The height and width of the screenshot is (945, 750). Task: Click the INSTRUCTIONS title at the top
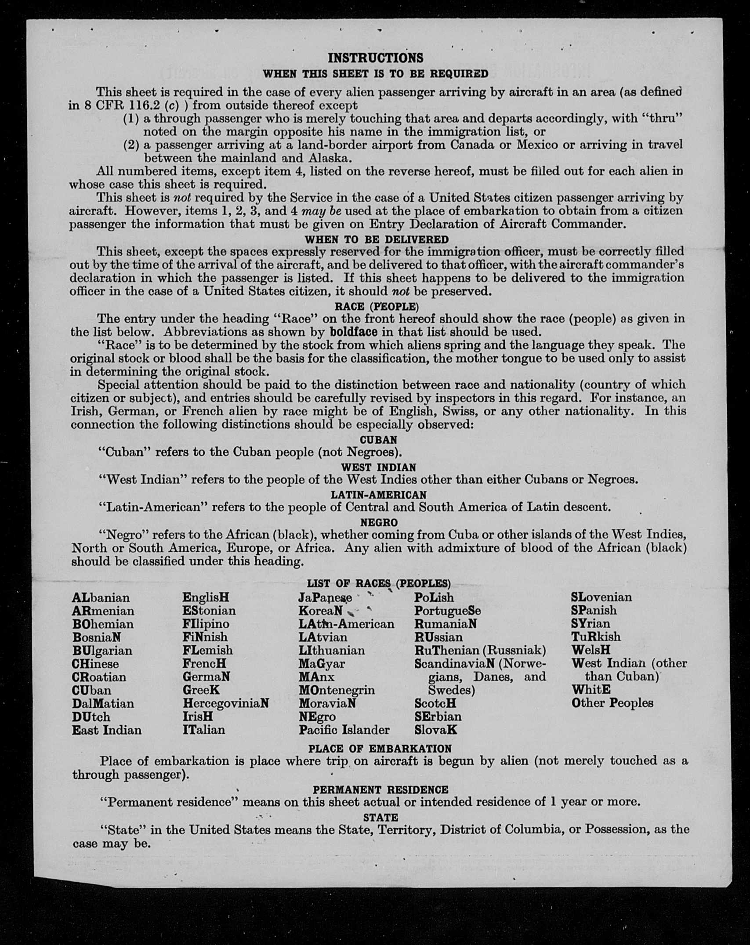click(376, 58)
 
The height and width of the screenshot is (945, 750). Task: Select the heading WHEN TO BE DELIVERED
click(377, 239)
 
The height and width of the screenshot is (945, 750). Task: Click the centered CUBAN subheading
click(378, 439)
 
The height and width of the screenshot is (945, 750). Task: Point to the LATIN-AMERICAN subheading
click(378, 495)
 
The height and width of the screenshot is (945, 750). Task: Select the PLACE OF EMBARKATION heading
click(380, 748)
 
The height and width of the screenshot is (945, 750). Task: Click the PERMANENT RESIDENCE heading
click(380, 789)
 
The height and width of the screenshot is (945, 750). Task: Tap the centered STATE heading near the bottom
click(380, 817)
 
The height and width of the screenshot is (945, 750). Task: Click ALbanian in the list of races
click(101, 598)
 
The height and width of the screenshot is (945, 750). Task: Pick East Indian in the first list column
click(107, 730)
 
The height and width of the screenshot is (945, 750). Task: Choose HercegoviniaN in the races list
click(225, 703)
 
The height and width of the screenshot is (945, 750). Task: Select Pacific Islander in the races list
click(344, 730)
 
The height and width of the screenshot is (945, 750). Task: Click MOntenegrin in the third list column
click(337, 690)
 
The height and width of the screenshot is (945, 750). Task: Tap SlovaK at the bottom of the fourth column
click(435, 730)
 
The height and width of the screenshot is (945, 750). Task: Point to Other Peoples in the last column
click(612, 703)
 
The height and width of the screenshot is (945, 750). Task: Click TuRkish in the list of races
click(596, 637)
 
